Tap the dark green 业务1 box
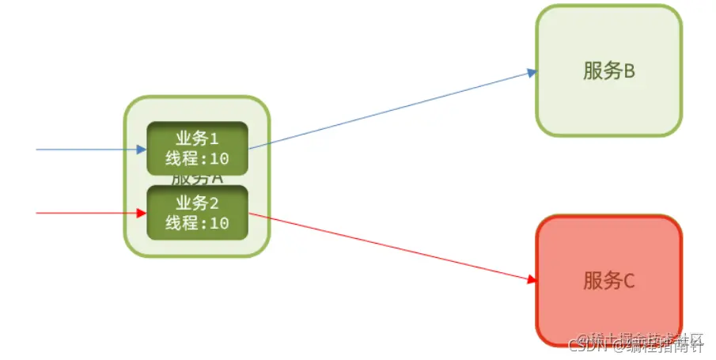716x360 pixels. pos(198,148)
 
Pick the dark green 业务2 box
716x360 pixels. pos(198,213)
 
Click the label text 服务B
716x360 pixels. pos(609,72)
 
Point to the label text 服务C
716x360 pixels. pos(609,281)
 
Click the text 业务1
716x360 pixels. pos(197,138)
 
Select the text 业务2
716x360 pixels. pos(197,203)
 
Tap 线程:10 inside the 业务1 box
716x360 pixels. pos(197,158)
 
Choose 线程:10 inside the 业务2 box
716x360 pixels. pos(197,223)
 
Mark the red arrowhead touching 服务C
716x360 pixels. pos(532,279)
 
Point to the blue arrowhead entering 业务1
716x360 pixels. pos(142,149)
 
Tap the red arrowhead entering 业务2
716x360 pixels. pos(142,214)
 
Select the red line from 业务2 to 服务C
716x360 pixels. pos(388,246)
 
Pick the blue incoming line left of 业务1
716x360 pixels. pos(79,149)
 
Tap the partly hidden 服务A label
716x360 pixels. pos(198,179)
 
